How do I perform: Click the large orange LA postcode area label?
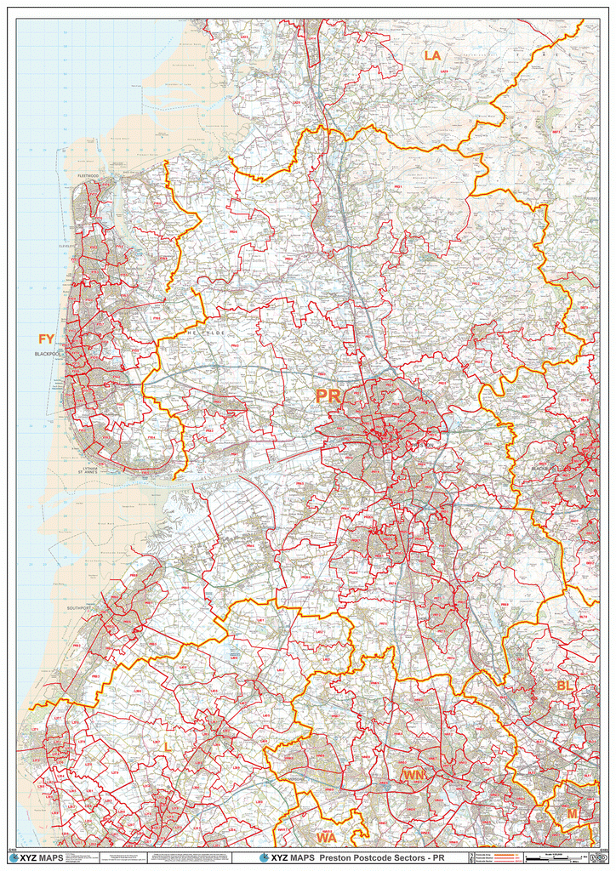coord(432,56)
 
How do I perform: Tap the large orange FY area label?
coord(46,340)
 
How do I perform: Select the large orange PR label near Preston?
coord(328,396)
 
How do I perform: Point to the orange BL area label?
coord(565,686)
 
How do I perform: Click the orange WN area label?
coord(414,776)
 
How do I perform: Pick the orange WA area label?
coord(326,838)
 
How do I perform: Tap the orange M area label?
coord(572,814)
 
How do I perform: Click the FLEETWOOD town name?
coord(88,175)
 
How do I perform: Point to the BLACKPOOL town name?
coord(50,354)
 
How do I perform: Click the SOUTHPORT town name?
coord(79,609)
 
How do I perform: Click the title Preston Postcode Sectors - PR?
coord(381,857)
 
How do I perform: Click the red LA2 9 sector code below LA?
coord(444,71)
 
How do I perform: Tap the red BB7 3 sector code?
coord(556,134)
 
